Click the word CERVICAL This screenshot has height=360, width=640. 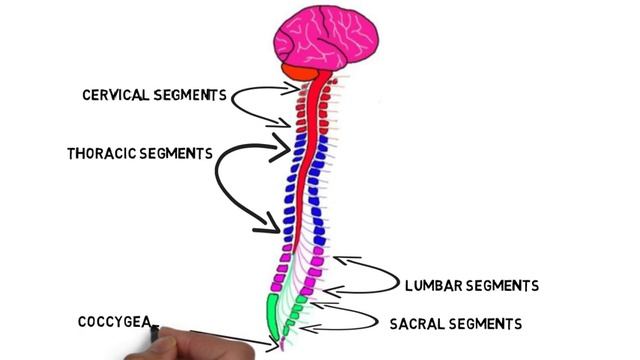click(x=118, y=95)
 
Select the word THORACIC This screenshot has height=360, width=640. click(x=103, y=155)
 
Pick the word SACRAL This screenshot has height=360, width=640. click(x=418, y=324)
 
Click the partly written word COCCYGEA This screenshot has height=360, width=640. click(x=114, y=322)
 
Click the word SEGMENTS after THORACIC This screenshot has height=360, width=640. click(x=177, y=155)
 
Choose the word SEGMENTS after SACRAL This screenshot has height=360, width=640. click(x=485, y=324)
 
